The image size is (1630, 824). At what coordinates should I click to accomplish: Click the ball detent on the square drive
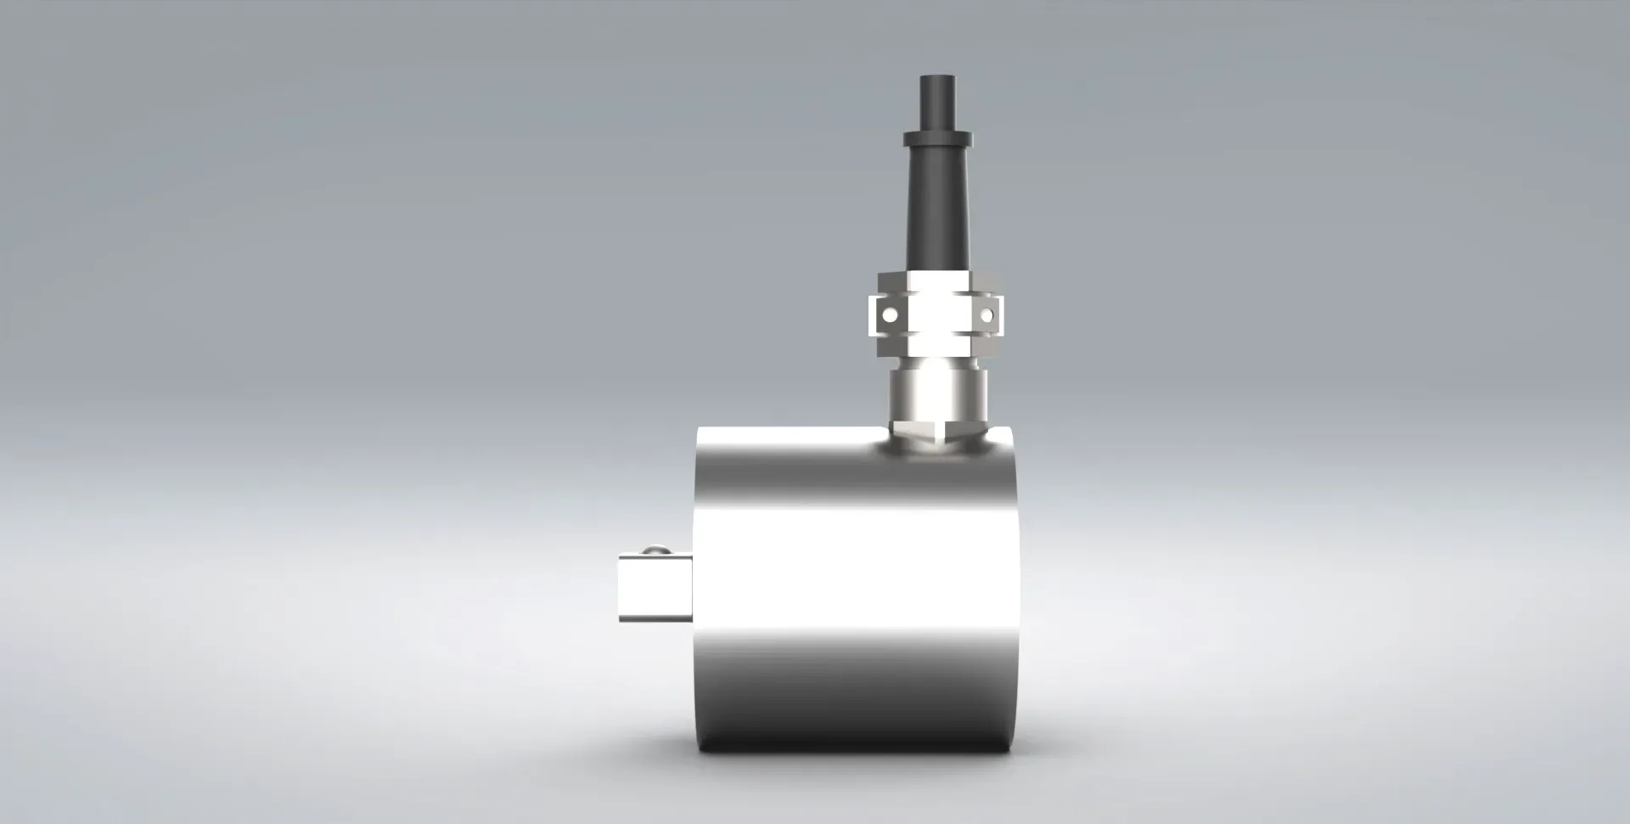pos(654,551)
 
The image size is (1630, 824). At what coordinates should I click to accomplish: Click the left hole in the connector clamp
pos(889,314)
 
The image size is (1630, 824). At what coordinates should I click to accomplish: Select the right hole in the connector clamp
pos(986,314)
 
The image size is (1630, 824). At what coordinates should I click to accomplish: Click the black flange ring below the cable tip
pos(937,137)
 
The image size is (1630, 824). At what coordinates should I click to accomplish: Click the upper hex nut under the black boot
pos(937,280)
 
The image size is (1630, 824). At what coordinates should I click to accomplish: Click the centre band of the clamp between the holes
pos(937,314)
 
